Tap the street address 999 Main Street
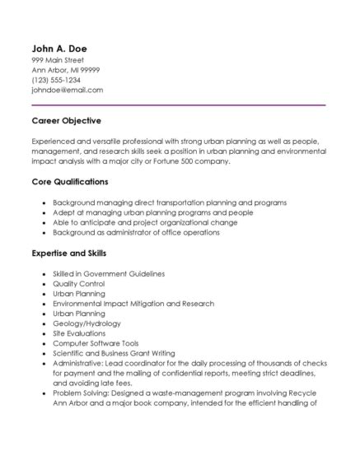(58, 61)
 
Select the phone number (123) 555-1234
(56, 81)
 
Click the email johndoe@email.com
(67, 91)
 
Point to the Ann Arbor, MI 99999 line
(65, 71)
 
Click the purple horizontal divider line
(178, 105)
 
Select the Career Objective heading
(66, 121)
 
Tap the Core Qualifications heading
(69, 182)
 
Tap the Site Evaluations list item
(80, 333)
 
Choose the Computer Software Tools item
(96, 343)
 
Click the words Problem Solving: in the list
(81, 393)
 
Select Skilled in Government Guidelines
(109, 273)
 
